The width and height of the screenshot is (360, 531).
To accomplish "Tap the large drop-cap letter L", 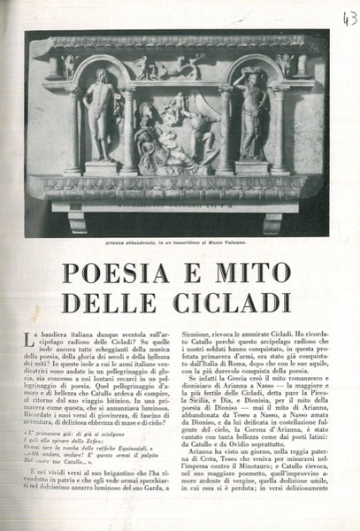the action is (x=28, y=335).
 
